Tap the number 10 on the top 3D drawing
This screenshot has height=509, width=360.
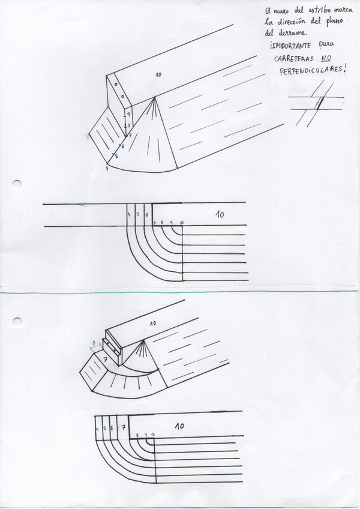pos(158,74)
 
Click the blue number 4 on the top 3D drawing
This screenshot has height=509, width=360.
pos(107,169)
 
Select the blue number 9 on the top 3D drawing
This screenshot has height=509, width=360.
pos(128,114)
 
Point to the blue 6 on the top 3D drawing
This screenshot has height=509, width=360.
pos(123,146)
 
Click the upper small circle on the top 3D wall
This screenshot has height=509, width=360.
pos(116,86)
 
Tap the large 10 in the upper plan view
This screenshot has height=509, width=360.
pos(220,214)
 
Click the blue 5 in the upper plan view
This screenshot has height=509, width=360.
pos(137,214)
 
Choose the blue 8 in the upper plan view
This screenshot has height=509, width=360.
pos(162,223)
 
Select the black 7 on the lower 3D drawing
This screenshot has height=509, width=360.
pos(105,359)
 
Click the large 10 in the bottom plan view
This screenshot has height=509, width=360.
pos(179,426)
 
